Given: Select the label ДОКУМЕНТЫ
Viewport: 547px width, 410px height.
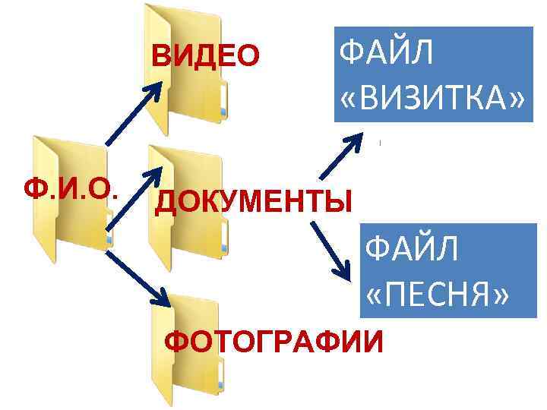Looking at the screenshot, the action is pyautogui.click(x=254, y=201).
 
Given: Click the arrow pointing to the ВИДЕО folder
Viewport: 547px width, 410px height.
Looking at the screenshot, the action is pyautogui.click(x=132, y=114).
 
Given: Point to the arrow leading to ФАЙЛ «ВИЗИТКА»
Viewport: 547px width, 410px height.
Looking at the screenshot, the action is pyautogui.click(x=338, y=159).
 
